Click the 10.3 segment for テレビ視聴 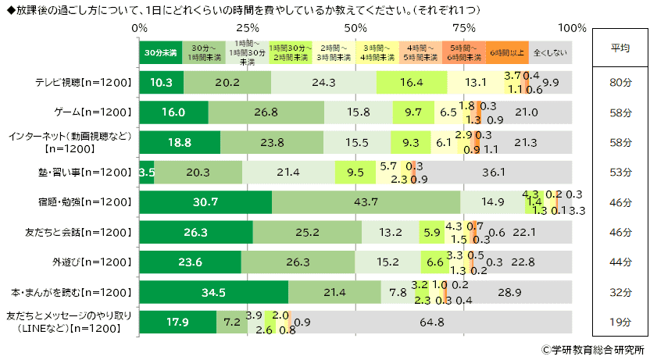(x=162, y=82)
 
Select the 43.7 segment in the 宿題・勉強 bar (x=366, y=201)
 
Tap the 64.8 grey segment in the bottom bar (x=431, y=322)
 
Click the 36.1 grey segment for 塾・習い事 (x=491, y=172)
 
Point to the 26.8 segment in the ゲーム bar (x=266, y=112)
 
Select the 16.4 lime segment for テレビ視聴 (x=411, y=82)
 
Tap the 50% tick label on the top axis (x=356, y=28)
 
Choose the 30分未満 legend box (x=160, y=52)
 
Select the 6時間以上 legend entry (x=506, y=52)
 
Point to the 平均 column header (x=620, y=48)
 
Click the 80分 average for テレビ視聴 (x=620, y=82)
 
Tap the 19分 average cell (x=620, y=322)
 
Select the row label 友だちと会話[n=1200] (x=74, y=232)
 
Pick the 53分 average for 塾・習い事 (x=620, y=172)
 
